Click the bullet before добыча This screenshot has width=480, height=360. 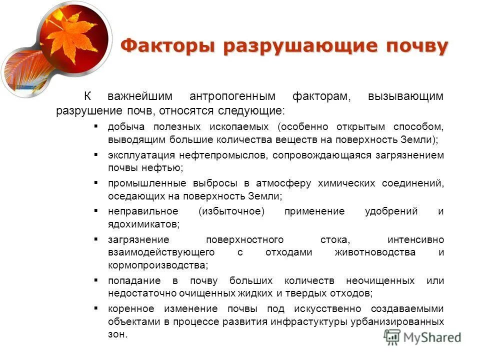pos(96,126)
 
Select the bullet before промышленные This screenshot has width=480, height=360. pos(96,183)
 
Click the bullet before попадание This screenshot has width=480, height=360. pos(96,280)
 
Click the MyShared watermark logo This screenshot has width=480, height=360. pos(422,337)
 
